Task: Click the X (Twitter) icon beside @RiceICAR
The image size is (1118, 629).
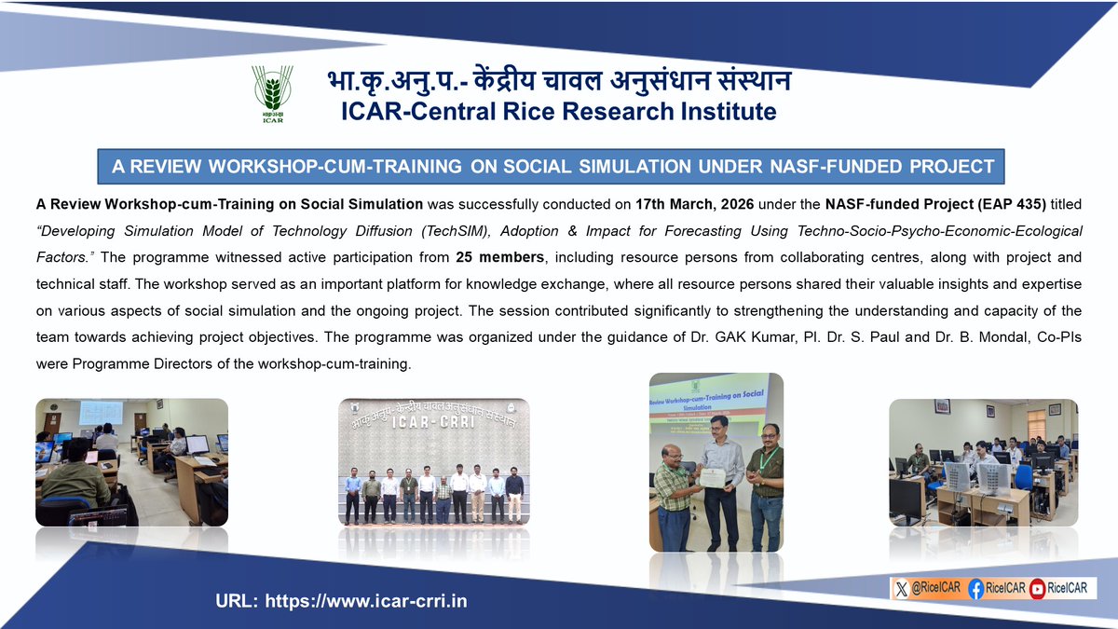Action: pyautogui.click(x=901, y=589)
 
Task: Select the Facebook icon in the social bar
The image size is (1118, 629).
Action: pyautogui.click(x=975, y=589)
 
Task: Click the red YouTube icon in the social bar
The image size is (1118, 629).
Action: pyautogui.click(x=1036, y=589)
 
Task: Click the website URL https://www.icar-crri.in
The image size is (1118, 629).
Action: pyautogui.click(x=341, y=601)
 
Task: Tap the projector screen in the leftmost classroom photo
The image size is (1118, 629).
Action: pyautogui.click(x=101, y=412)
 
